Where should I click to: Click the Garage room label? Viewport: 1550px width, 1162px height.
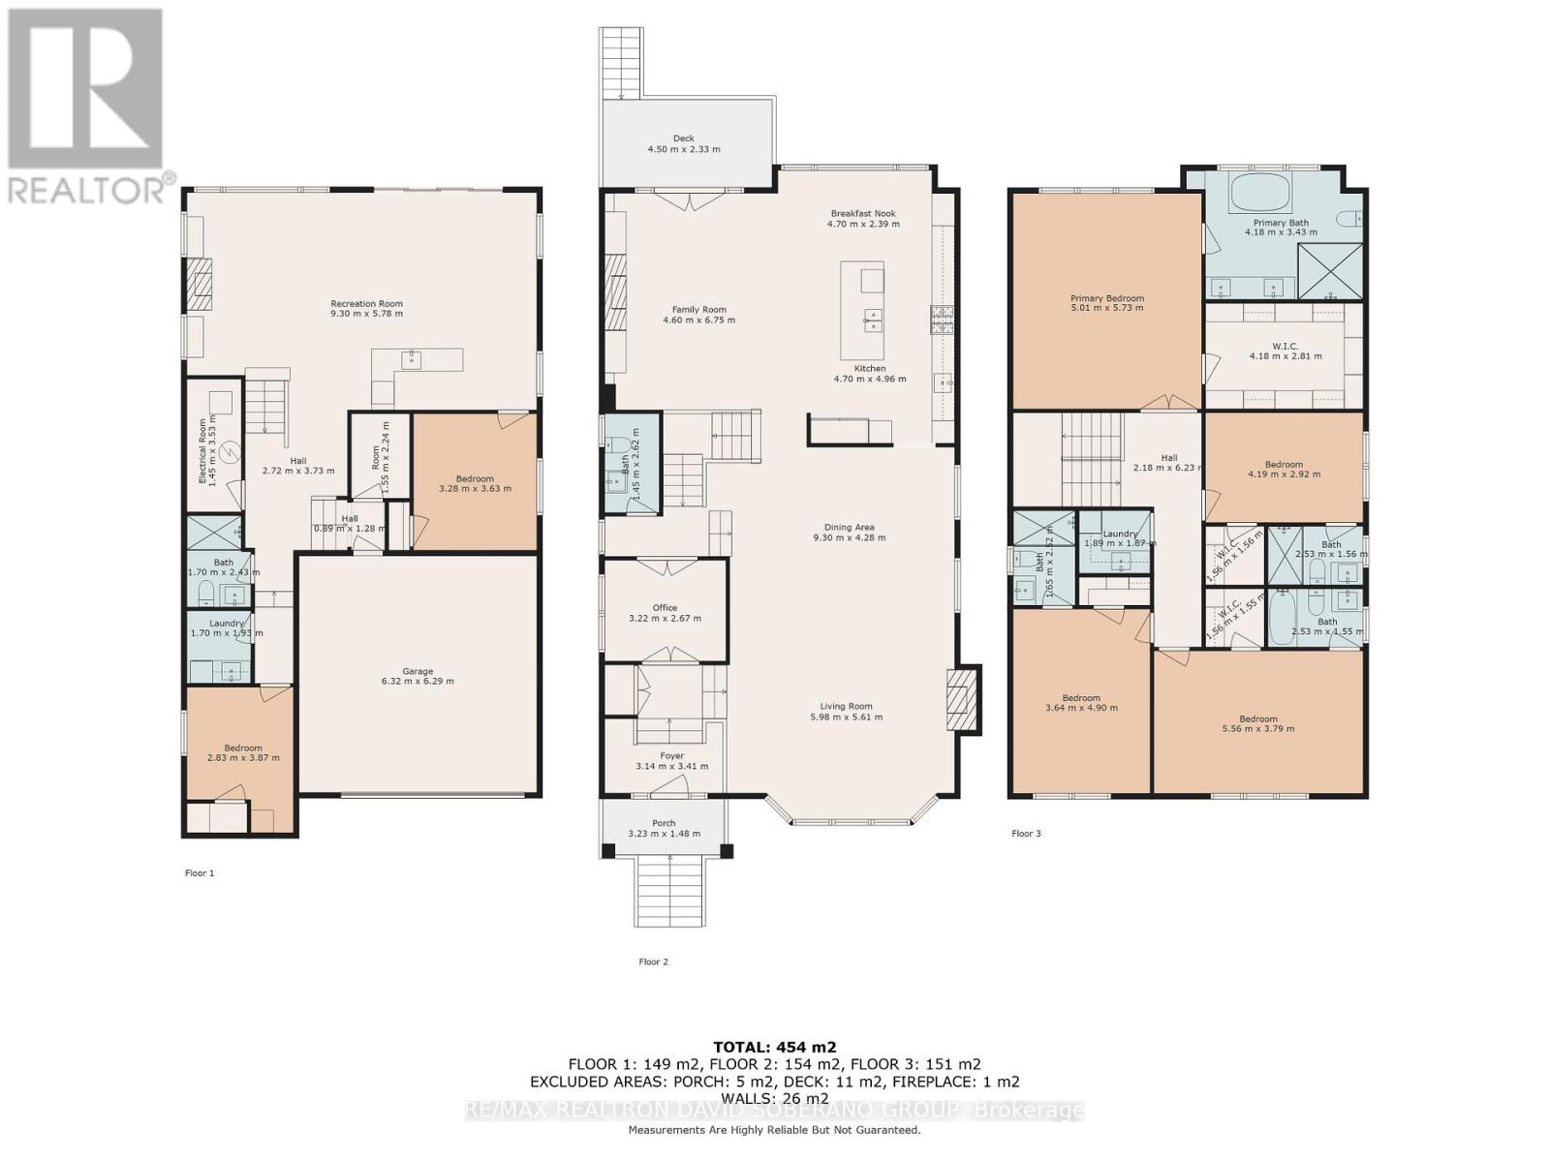click(x=418, y=671)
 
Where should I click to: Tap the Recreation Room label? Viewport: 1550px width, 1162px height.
click(x=366, y=304)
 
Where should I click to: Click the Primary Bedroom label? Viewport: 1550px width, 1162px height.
click(x=1106, y=298)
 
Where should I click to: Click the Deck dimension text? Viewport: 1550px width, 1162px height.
click(x=683, y=150)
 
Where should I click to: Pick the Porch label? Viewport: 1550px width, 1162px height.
click(x=664, y=823)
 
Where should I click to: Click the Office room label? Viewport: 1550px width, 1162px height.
click(x=665, y=608)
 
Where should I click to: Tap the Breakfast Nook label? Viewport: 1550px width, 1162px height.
click(x=862, y=213)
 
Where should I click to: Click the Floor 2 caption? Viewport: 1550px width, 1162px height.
click(x=653, y=962)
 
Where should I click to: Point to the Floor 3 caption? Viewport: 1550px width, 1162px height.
click(x=1026, y=833)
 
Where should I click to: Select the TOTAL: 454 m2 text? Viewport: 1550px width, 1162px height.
click(x=774, y=1047)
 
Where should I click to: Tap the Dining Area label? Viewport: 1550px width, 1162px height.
click(x=850, y=528)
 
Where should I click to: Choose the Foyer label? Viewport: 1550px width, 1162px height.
click(x=671, y=755)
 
